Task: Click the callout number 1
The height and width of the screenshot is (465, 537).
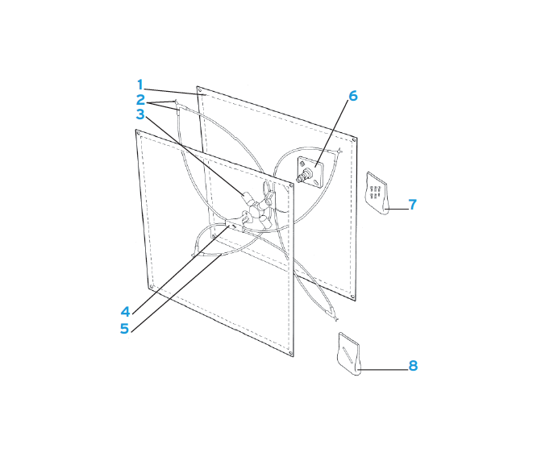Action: click(x=139, y=85)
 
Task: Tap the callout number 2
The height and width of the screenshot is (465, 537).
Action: click(x=139, y=101)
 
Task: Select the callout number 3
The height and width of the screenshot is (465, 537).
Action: click(x=139, y=115)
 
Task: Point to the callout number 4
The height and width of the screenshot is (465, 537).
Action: click(x=126, y=310)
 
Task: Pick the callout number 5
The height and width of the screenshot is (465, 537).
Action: click(x=126, y=328)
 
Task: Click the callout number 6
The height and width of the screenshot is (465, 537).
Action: click(x=352, y=96)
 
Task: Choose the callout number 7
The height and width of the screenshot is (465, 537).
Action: click(x=412, y=205)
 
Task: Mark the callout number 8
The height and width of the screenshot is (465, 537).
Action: click(x=412, y=366)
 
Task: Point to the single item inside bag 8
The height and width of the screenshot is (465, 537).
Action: click(x=348, y=353)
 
